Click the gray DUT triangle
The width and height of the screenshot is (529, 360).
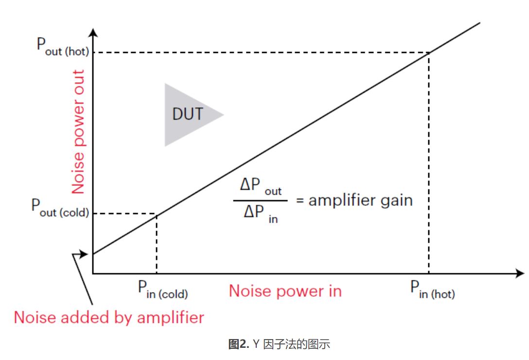188,115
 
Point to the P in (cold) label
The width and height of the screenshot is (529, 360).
162,291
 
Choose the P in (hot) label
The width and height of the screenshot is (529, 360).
432,291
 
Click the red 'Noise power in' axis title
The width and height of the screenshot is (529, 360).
285,291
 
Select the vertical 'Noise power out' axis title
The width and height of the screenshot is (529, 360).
78,131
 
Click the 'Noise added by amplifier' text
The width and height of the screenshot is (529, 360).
108,317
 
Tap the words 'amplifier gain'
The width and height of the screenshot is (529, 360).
360,200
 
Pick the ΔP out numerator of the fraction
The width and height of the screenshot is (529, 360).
261,187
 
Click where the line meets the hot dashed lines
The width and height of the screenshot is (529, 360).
428,53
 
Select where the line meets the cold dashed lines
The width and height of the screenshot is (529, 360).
156,214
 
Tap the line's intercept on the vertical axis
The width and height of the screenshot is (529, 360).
93,253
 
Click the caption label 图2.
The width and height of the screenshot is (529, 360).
238,345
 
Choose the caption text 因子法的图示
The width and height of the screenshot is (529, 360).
297,345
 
